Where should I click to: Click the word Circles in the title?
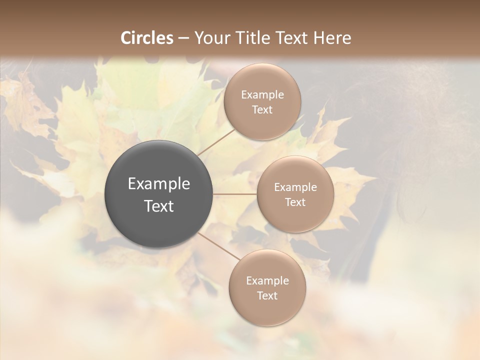(x=147, y=38)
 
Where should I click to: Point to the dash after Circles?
(x=183, y=38)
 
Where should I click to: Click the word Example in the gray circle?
(x=159, y=184)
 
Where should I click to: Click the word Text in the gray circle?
(x=159, y=206)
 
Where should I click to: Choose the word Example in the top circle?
(x=262, y=94)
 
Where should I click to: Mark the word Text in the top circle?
(x=262, y=109)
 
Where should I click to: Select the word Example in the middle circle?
(x=295, y=187)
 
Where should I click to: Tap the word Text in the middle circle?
(x=295, y=202)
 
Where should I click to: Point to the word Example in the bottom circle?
(x=267, y=280)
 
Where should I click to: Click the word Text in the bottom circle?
(x=267, y=295)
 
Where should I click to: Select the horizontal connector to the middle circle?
(x=235, y=194)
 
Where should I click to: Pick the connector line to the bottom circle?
(x=218, y=246)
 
